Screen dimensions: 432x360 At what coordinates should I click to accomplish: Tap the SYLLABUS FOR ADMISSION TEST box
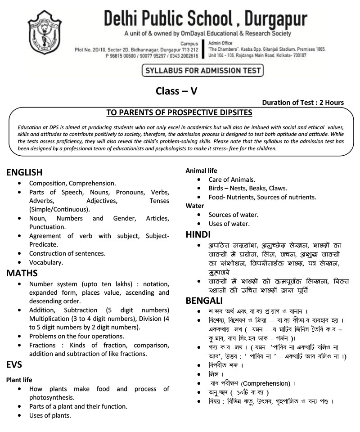tap(202, 71)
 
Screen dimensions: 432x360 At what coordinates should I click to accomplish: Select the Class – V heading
tap(176, 91)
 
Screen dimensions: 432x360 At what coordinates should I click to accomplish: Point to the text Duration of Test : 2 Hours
tap(303, 103)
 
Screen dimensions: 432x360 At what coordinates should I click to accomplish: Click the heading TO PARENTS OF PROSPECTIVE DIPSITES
tap(179, 112)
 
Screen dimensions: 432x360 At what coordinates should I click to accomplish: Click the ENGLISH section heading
tap(24, 172)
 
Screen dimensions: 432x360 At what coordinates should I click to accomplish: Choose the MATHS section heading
tap(22, 273)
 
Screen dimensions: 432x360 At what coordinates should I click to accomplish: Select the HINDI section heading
tap(198, 234)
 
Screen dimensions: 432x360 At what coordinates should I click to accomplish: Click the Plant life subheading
tap(19, 380)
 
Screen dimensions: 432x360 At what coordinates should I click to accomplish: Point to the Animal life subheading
tap(201, 171)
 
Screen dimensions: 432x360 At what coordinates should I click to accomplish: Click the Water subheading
tap(195, 206)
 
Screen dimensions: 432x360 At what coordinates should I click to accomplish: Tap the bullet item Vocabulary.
tap(46, 262)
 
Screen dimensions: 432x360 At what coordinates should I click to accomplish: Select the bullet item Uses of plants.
tap(50, 415)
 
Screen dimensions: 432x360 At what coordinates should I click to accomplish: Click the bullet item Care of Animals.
tap(232, 180)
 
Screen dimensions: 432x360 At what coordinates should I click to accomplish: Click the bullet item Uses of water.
tap(229, 223)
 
